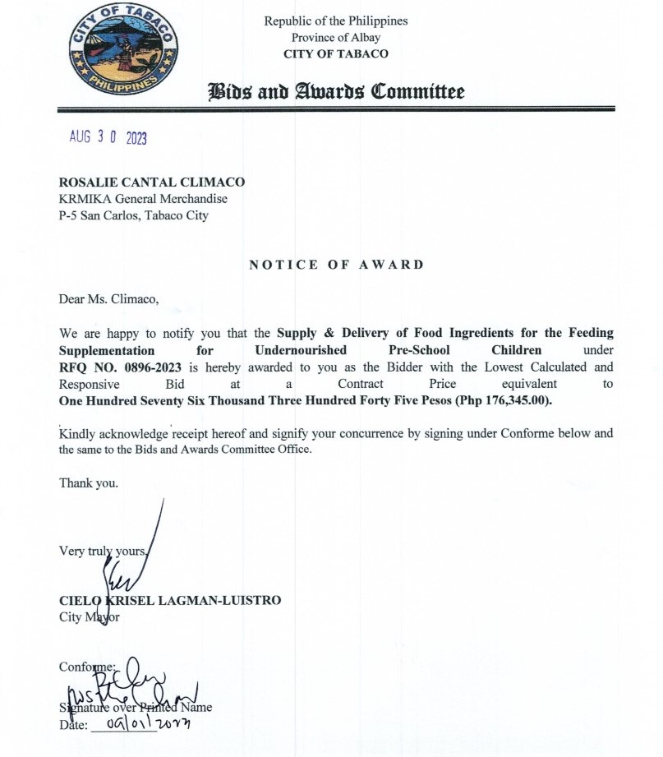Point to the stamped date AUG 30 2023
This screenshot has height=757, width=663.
pos(108,138)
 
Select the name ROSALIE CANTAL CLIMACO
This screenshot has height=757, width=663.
pos(152,182)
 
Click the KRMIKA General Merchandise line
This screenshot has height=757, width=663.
pos(143,199)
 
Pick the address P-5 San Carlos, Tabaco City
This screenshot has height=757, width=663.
pos(133,215)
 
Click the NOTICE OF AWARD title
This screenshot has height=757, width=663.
pos(336,265)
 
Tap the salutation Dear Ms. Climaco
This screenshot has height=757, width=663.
pos(108,298)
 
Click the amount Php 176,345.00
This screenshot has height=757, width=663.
pos(495,401)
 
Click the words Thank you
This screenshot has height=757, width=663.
pos(88,483)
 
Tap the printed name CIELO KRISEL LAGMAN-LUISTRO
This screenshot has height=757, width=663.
pos(170,600)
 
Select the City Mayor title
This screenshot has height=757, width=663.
pos(89,616)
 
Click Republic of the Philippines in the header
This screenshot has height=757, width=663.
pos(335,21)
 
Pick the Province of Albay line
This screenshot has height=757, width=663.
pos(335,37)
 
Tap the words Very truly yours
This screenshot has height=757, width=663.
pos(103,551)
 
